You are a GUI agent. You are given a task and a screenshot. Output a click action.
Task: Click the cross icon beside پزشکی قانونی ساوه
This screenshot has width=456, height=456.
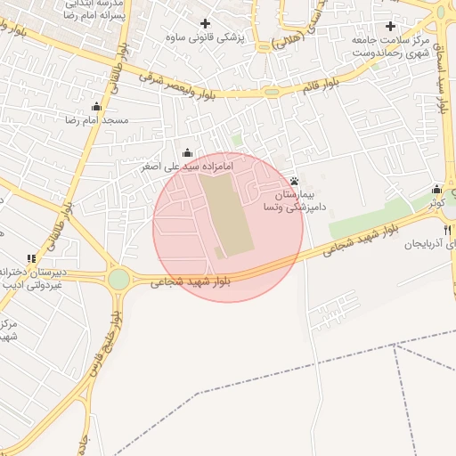(x=206, y=23)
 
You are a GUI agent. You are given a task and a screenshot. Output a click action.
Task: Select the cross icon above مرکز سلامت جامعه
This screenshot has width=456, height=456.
(x=390, y=26)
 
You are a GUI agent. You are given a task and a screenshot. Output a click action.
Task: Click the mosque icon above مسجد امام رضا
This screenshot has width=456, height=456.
(x=96, y=107)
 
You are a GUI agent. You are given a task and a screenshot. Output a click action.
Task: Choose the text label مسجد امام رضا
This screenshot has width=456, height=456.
(x=102, y=119)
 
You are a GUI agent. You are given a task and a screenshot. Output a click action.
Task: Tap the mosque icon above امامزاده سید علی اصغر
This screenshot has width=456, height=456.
(x=187, y=153)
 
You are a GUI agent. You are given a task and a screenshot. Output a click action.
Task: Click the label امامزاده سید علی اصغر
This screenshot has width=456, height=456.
(x=187, y=167)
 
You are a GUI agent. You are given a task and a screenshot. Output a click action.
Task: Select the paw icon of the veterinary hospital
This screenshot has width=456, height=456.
(x=294, y=181)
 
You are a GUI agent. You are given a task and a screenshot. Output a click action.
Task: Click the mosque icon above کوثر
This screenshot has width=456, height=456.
(x=436, y=189)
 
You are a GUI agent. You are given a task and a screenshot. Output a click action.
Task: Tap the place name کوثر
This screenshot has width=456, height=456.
(x=436, y=203)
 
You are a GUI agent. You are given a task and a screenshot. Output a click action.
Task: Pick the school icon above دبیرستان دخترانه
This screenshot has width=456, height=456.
(x=32, y=258)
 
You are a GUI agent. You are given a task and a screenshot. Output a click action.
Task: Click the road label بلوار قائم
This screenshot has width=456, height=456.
(x=321, y=86)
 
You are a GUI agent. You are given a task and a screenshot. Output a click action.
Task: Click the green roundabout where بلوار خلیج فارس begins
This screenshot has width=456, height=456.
(x=118, y=280)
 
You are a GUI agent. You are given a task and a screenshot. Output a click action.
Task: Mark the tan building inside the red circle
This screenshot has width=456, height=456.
(x=225, y=214)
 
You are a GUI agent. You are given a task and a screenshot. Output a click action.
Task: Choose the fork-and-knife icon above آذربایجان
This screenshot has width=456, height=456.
(x=447, y=230)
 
